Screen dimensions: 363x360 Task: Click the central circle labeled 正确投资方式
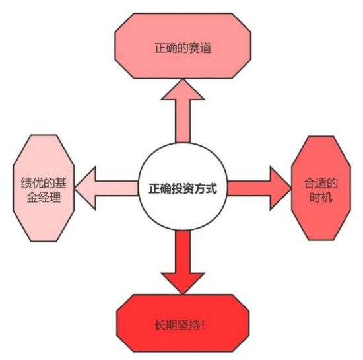(x=183, y=187)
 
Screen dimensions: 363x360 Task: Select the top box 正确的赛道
(x=183, y=46)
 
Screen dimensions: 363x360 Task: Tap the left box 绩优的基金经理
(x=44, y=188)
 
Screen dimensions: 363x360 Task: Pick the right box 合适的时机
(x=321, y=188)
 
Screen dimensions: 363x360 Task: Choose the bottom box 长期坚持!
(x=183, y=324)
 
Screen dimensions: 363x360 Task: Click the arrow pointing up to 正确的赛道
(x=183, y=110)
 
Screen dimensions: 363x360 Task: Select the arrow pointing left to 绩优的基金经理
(x=106, y=188)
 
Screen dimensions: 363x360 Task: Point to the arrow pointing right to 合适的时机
(x=259, y=188)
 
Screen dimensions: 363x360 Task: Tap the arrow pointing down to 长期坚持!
(x=183, y=262)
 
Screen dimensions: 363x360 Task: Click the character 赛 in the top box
(x=194, y=48)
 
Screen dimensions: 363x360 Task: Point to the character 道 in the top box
(x=206, y=48)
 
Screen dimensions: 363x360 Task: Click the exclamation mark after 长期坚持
(x=203, y=325)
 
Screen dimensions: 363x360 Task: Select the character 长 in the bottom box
(x=160, y=325)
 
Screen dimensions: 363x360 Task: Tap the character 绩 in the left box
(x=26, y=183)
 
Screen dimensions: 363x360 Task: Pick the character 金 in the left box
(x=32, y=198)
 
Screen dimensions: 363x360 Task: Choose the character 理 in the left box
(x=55, y=198)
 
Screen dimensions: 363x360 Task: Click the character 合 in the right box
(x=310, y=183)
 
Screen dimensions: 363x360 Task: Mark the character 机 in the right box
(x=327, y=198)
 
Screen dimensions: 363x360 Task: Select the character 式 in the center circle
(x=212, y=188)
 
